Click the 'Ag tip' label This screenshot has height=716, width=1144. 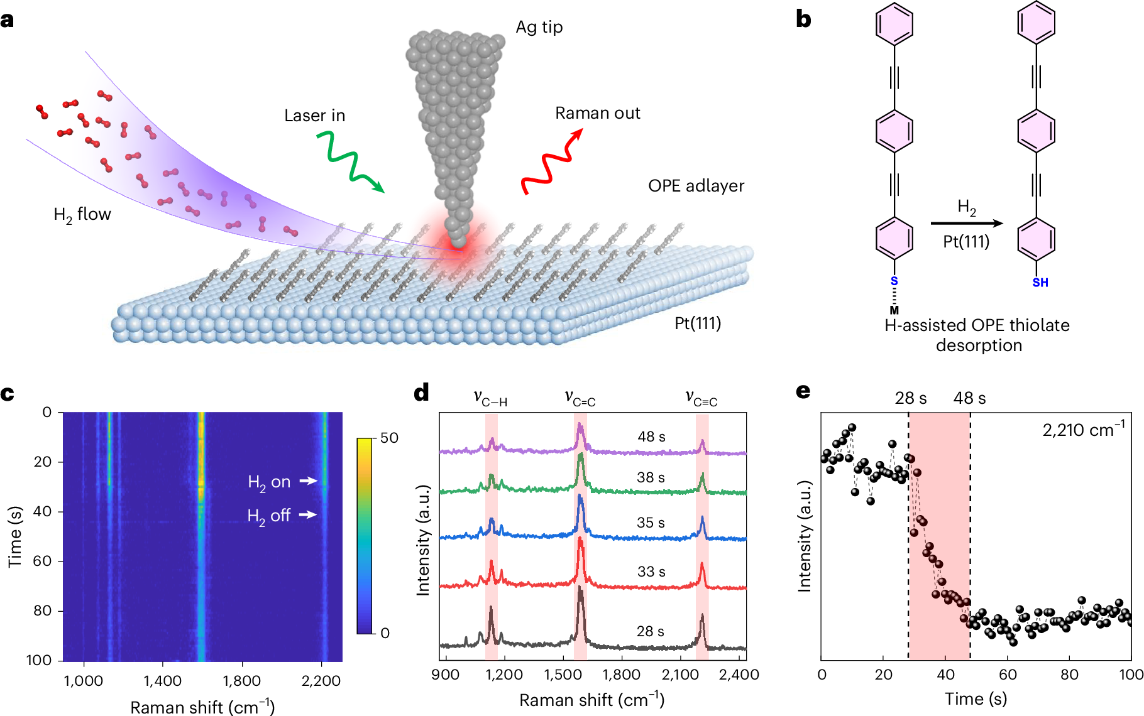539,28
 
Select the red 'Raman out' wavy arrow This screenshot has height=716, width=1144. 552,161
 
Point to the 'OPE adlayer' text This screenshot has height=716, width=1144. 696,186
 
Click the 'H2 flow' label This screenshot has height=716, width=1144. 82,215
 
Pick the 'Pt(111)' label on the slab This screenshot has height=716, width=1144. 698,323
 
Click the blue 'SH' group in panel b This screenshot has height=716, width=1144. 1040,283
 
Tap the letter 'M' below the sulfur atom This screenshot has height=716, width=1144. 894,310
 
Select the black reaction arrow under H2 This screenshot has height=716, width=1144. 967,223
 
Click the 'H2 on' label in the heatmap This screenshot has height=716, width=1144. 269,482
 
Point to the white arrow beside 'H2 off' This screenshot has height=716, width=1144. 308,514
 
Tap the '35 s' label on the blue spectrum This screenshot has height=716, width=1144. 651,523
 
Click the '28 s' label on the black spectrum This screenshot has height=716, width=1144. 650,631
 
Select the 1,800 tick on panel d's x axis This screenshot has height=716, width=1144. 622,675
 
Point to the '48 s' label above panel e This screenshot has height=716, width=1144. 969,398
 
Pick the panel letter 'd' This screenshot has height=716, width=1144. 422,393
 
